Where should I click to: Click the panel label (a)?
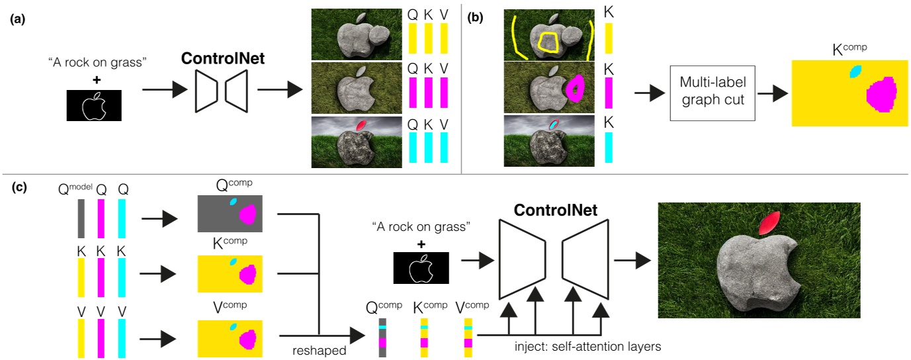click(x=18, y=19)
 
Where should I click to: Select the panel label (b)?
click(x=476, y=19)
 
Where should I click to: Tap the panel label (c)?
click(x=18, y=187)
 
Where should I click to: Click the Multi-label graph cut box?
click(x=712, y=93)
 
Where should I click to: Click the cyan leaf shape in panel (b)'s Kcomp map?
click(x=856, y=71)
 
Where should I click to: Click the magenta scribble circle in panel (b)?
click(x=576, y=88)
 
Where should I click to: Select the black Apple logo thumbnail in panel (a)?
click(x=93, y=106)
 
